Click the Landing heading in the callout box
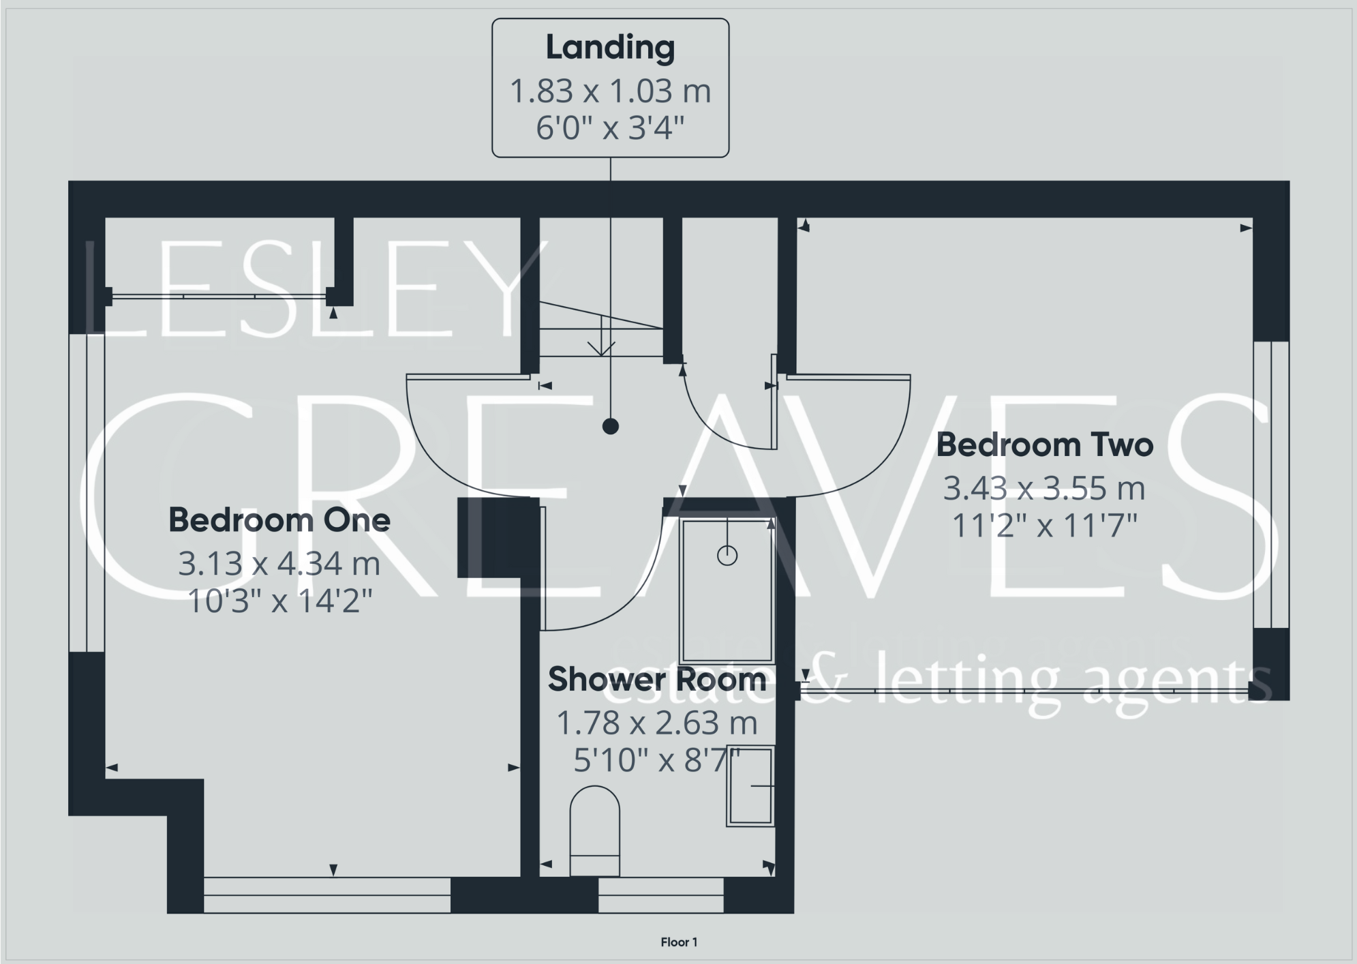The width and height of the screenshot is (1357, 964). coord(610,48)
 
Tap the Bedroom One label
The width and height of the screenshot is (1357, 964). coord(279,520)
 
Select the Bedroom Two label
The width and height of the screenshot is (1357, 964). coord(1044,445)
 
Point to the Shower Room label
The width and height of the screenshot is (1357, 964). coord(657,679)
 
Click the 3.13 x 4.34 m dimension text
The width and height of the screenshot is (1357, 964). coord(279,564)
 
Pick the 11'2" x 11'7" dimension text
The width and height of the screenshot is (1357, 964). coord(1044,526)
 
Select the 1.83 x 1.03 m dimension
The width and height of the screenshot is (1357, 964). coord(610,91)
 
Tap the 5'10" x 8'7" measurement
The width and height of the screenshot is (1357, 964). coord(657,760)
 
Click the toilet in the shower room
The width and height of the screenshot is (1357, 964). coord(594,830)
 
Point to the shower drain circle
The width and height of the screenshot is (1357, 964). coord(727,556)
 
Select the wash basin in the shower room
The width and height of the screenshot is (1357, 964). coord(750,786)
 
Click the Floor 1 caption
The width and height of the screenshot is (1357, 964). coord(679,942)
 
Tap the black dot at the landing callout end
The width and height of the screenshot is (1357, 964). coord(611,427)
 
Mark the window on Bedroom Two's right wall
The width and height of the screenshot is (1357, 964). coord(1271,484)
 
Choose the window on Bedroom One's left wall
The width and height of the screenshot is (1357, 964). coord(87,492)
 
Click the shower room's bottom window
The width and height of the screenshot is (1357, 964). coord(660,895)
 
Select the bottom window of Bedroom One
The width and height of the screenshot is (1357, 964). coord(327,895)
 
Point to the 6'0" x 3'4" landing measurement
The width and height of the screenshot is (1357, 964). coord(610,128)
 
